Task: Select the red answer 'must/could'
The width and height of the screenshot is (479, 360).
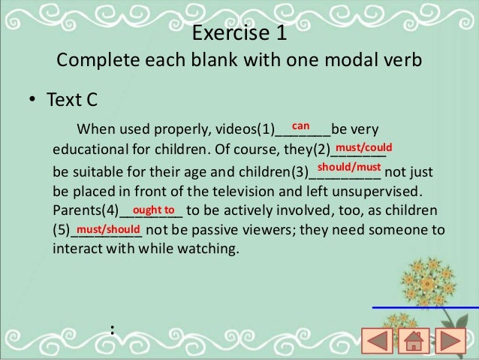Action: point(363,148)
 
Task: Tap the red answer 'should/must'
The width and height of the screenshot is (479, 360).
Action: point(349,167)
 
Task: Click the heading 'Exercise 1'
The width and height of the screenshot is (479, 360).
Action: point(239,35)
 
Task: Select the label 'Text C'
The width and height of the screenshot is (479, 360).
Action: point(72,100)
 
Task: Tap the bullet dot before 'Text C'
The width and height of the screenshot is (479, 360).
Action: point(33,101)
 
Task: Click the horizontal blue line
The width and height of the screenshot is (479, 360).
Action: point(425,307)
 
